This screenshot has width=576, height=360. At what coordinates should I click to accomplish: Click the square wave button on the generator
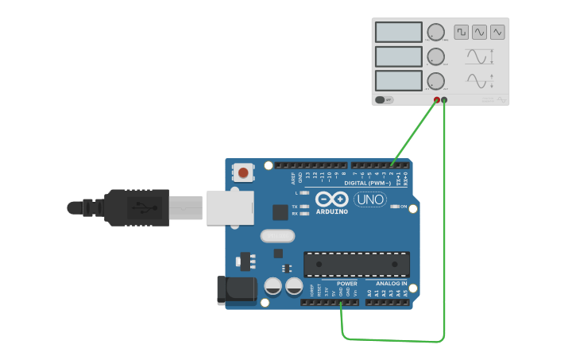click(x=462, y=32)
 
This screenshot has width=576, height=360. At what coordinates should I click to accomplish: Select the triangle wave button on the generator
click(x=497, y=32)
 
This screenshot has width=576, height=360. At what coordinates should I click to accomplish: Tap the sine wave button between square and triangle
click(x=479, y=32)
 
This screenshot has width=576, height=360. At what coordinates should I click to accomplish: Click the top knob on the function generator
click(x=435, y=32)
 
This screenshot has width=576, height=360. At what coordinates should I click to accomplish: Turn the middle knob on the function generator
click(x=435, y=56)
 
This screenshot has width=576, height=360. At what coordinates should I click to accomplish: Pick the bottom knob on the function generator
click(x=435, y=80)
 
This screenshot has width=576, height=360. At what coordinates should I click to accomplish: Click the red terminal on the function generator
click(x=436, y=99)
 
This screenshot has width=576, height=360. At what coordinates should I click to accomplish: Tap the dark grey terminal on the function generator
click(x=444, y=99)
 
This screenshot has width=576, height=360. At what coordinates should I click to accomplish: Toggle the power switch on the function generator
click(x=381, y=99)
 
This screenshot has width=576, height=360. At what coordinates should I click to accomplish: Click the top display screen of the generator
click(x=398, y=32)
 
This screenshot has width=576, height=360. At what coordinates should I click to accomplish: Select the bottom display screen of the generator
click(x=398, y=80)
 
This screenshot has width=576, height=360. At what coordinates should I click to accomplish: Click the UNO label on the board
click(x=370, y=199)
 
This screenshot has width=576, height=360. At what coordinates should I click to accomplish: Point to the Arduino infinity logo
click(x=331, y=199)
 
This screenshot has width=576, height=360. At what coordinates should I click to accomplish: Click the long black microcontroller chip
click(x=357, y=264)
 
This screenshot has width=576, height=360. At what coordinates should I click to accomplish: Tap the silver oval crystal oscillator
click(x=277, y=235)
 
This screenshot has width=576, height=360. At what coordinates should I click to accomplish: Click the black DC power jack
click(x=237, y=289)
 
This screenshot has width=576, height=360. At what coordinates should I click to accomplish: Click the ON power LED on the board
click(x=395, y=207)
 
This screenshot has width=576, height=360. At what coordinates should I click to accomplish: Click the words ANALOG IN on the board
click(x=391, y=283)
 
